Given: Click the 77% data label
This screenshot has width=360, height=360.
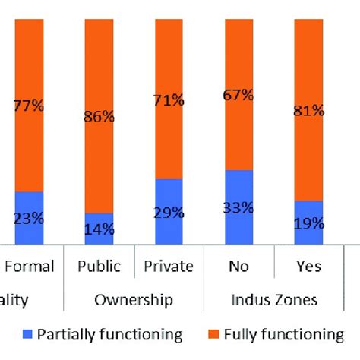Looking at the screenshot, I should tap(29, 106).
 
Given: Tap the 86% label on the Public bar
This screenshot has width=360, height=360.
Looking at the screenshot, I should tap(99, 118).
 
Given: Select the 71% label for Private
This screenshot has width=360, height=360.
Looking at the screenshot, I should tap(169, 99).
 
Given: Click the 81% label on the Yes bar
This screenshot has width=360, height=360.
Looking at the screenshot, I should tap(308, 111).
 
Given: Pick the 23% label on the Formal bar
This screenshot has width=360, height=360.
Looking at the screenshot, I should tap(29, 217).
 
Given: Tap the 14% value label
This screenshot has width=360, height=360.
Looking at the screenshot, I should tap(99, 228).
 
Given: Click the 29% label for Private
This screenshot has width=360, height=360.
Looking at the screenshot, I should tap(169, 213).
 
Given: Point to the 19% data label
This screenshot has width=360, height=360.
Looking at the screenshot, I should tap(308, 223).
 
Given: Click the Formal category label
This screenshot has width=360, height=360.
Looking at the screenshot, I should tap(30, 267).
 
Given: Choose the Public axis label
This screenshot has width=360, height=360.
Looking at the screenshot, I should tap(99, 267).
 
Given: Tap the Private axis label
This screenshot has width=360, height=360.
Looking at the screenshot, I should tap(169, 267).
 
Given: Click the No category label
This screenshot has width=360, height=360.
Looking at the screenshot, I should tap(239, 267).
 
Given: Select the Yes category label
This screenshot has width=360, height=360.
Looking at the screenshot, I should tap(308, 267).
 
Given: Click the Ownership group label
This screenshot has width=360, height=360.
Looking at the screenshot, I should tap(134, 299).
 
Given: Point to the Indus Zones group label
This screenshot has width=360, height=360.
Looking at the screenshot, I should tap(273, 299).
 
